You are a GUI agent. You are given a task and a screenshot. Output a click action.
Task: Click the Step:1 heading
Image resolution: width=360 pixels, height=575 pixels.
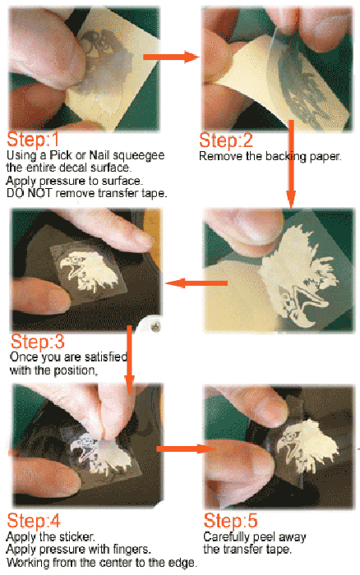tap(32, 139)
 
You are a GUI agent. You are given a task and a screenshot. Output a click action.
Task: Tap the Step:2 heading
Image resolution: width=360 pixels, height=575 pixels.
tap(226, 140)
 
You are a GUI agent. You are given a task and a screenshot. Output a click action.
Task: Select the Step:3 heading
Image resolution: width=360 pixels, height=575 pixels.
tap(38, 342)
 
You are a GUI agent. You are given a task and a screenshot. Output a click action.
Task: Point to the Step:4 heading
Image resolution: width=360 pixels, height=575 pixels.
tap(34, 520)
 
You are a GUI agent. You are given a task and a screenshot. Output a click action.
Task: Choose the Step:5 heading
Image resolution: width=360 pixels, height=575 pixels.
tap(230, 520)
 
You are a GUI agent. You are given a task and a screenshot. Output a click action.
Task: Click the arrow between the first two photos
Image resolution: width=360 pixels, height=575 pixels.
tap(171, 57)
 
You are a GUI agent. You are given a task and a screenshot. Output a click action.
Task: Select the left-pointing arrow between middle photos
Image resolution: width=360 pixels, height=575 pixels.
tap(196, 283)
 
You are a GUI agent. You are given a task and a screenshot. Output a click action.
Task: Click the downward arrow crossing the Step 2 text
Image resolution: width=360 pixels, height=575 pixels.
tap(291, 164)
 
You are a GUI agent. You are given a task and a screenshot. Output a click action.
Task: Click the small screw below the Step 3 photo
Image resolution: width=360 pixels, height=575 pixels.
tap(156, 325)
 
